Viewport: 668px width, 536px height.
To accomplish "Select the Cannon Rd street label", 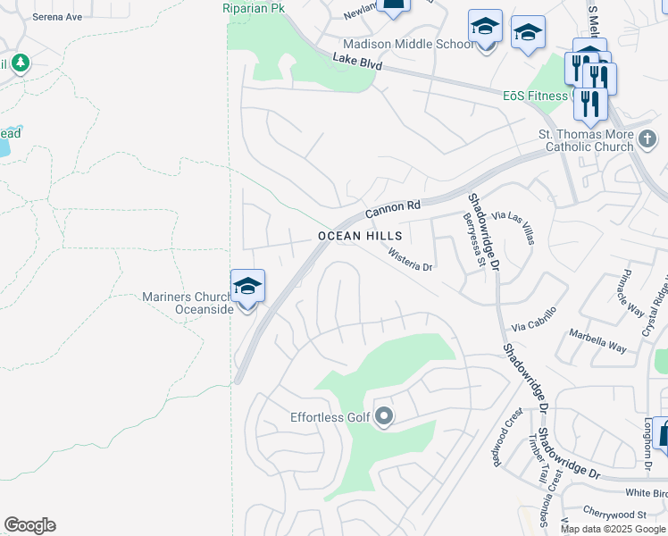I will pos(392,209).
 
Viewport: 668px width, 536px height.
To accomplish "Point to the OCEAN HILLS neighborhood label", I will pos(361,236).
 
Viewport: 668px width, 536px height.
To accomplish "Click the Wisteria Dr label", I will pos(410,261).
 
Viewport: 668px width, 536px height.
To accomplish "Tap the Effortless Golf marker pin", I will pos(385,416).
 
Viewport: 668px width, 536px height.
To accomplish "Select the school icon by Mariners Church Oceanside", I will pos(247,287).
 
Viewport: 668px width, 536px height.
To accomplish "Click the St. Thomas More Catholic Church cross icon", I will pos(647,138).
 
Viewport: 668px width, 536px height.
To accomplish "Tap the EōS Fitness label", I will pos(535,96).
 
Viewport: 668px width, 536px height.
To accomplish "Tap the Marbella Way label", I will pos(598,343).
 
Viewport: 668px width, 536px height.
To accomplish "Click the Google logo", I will pos(29,525).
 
